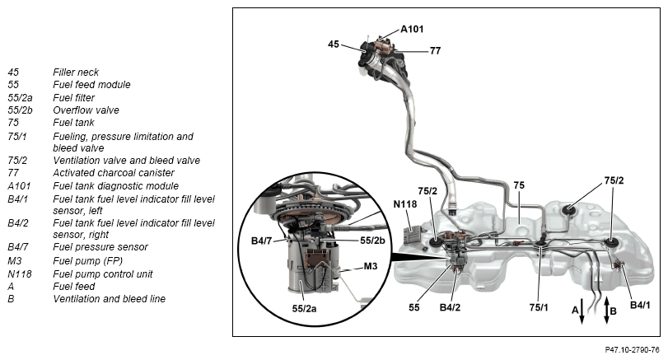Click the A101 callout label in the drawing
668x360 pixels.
point(412,29)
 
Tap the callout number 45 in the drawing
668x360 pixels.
point(334,44)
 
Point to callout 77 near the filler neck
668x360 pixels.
point(435,50)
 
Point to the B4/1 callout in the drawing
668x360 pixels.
point(642,305)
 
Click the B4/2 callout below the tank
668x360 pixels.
point(450,307)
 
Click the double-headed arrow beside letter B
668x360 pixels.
point(607,311)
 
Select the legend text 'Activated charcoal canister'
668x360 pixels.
point(114,172)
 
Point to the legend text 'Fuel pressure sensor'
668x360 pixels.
point(100,246)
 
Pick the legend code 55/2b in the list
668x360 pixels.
point(20,110)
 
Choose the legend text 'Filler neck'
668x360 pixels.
point(76,72)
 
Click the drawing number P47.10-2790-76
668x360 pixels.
point(627,349)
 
